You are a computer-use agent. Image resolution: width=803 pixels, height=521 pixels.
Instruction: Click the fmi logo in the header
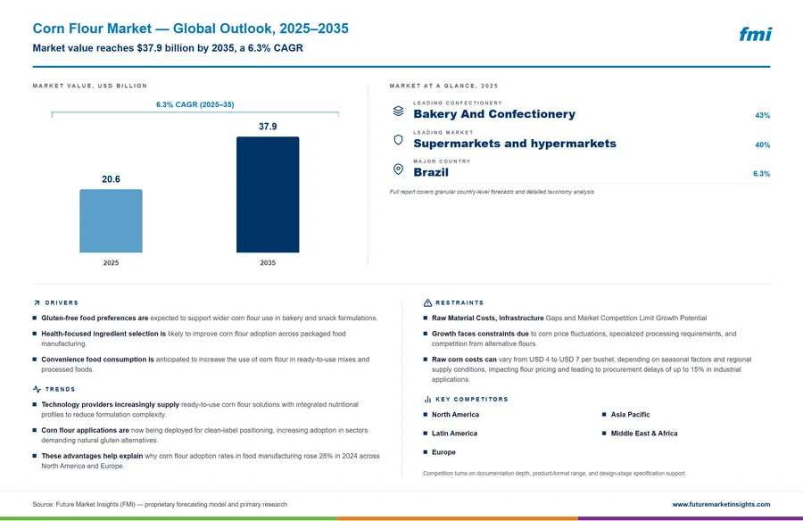[755, 34]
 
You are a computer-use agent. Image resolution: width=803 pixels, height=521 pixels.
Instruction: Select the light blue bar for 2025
[111, 220]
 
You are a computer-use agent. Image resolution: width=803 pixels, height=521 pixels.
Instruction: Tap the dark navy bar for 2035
[268, 194]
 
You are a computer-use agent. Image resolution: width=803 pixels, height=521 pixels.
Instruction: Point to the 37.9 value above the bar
[268, 127]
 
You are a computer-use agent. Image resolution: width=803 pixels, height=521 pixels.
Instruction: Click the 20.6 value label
[111, 179]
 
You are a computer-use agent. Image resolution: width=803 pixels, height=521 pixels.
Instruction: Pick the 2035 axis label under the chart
[268, 263]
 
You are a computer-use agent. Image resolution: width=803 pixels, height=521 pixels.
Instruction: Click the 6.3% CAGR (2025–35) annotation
[195, 104]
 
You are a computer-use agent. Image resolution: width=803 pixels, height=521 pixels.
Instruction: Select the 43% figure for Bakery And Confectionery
[763, 116]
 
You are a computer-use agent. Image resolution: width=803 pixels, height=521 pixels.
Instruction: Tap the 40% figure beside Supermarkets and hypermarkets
[763, 145]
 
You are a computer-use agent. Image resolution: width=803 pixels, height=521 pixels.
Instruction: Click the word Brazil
[431, 173]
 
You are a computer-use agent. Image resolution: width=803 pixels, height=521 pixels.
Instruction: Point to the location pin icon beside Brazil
[398, 169]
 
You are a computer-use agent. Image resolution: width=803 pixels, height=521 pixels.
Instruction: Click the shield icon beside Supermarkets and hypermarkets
[398, 140]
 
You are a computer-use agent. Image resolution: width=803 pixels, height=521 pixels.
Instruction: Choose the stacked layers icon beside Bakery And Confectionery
[398, 111]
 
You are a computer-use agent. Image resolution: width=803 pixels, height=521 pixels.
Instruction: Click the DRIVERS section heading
[62, 302]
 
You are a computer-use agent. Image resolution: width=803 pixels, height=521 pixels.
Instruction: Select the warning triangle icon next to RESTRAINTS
[427, 302]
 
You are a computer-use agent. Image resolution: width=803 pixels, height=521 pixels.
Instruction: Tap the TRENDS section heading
[60, 389]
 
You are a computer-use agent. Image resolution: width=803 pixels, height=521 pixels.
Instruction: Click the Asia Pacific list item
[630, 415]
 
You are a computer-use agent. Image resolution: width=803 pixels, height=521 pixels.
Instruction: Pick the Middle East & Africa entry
[643, 434]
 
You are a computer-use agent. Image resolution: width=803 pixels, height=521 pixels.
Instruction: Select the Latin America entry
[454, 434]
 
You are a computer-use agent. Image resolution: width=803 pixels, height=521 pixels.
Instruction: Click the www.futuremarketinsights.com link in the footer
[721, 505]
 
